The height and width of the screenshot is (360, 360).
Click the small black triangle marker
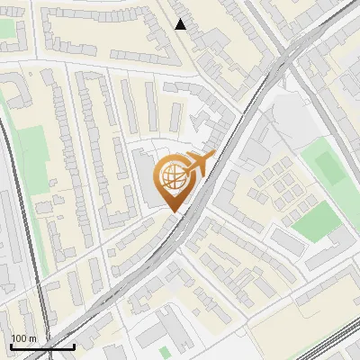pyautogui.click(x=181, y=24)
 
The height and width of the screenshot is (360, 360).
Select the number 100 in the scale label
pyautogui.click(x=19, y=338)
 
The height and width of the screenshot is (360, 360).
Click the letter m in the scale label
pyautogui.click(x=32, y=338)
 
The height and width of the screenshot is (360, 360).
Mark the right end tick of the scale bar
pyautogui.click(x=75, y=346)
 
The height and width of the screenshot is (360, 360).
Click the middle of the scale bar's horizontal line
pyautogui.click(x=42, y=347)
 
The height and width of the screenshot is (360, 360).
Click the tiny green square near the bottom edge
pyautogui.click(x=164, y=352)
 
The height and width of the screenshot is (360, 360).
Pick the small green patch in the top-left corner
pyautogui.click(x=8, y=29)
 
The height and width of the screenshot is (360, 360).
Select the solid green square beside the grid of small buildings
pyautogui.click(x=314, y=220)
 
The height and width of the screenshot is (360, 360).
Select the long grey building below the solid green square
pyautogui.click(x=289, y=241)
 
